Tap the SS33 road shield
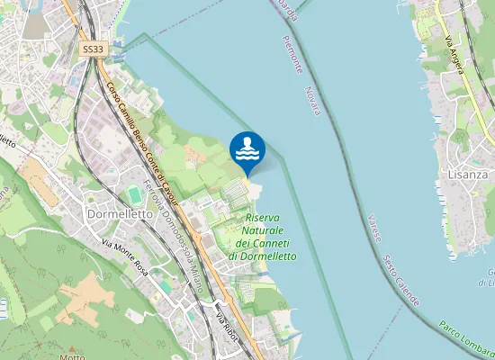pyautogui.click(x=93, y=50)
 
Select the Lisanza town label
pyautogui.click(x=466, y=175)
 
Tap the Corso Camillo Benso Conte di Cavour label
pyautogui.click(x=142, y=141)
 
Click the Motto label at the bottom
pyautogui.click(x=72, y=356)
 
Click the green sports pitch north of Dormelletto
pyautogui.click(x=135, y=194)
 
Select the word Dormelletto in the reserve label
pyautogui.click(x=262, y=256)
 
